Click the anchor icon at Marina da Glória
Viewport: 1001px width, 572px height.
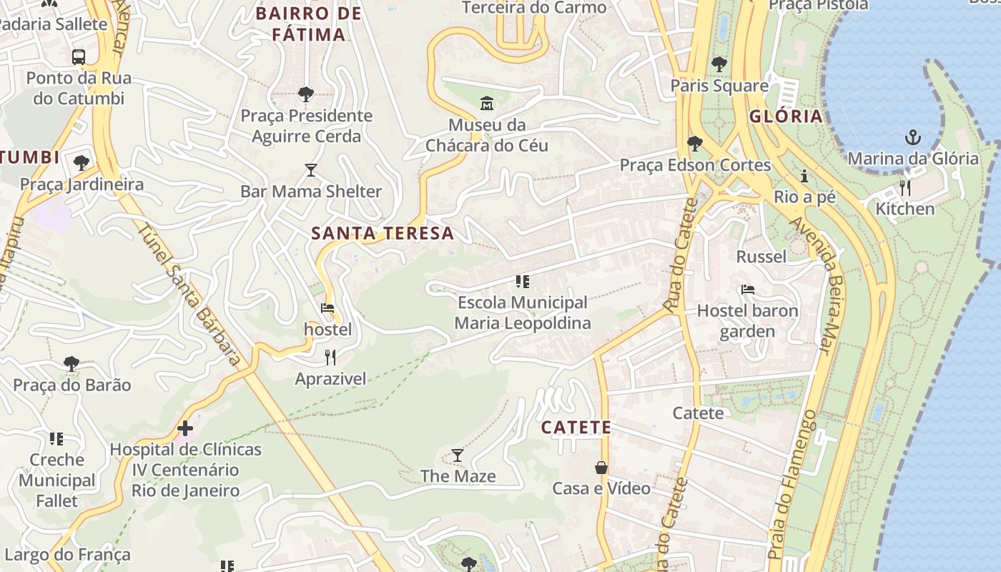point(912,137)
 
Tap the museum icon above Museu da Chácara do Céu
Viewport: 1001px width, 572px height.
point(487,103)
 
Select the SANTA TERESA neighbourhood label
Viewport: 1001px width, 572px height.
point(383,233)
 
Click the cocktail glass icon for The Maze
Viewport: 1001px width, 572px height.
point(458,455)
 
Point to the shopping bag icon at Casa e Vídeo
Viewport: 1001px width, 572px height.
point(601,468)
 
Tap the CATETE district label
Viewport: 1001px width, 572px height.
point(576,428)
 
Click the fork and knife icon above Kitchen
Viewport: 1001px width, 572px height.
point(905,188)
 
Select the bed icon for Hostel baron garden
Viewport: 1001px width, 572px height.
point(748,290)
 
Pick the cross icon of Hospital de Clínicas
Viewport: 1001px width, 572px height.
point(185,428)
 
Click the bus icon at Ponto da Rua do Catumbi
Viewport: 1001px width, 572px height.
point(79,56)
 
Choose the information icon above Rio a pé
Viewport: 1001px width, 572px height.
point(804,176)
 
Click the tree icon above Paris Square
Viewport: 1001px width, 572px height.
point(719,64)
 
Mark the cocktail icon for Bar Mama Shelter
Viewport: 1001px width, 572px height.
point(311,170)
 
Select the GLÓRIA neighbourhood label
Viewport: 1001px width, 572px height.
point(786,117)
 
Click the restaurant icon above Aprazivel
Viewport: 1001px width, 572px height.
point(330,357)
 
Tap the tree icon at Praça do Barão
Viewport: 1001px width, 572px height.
point(71,364)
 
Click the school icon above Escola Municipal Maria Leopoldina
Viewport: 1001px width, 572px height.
point(523,282)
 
